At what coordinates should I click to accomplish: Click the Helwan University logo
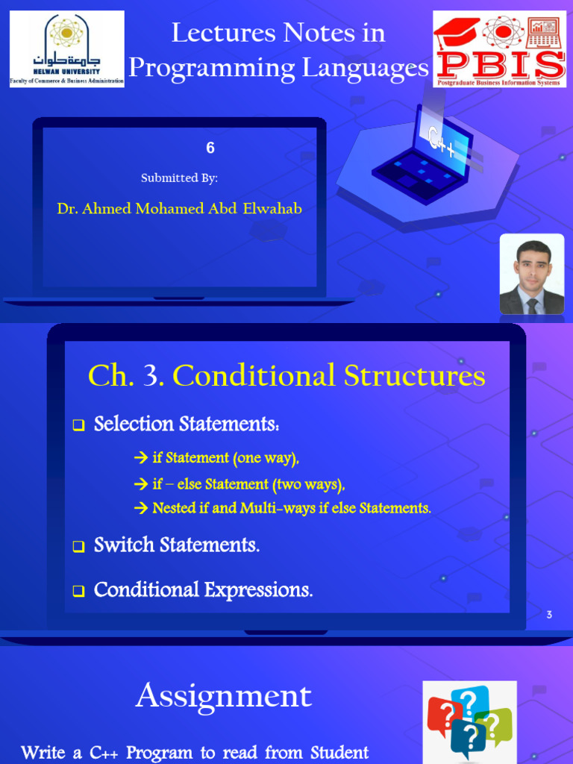[66, 49]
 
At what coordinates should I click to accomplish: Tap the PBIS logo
[499, 48]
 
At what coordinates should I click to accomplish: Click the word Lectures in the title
[216, 33]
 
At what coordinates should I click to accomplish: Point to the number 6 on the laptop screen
[210, 148]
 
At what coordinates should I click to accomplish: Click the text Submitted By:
[179, 178]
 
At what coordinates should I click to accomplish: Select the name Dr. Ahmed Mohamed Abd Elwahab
[179, 209]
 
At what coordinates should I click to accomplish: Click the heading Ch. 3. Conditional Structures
[286, 376]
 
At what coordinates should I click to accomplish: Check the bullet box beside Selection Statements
[78, 426]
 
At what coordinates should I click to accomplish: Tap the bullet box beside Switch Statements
[78, 547]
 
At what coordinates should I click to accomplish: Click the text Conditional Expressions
[203, 590]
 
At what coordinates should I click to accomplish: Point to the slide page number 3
[549, 615]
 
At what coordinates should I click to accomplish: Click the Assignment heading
[223, 696]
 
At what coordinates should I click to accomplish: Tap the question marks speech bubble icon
[469, 720]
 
